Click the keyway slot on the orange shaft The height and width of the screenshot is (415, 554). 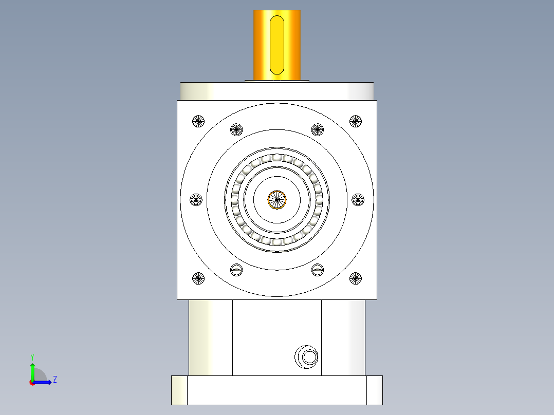coord(277,44)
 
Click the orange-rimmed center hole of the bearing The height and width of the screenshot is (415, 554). coord(276,200)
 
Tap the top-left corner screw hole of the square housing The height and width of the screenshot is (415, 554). coord(198,121)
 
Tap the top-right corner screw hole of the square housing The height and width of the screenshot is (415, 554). coord(356,121)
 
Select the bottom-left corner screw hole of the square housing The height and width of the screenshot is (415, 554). coord(198,278)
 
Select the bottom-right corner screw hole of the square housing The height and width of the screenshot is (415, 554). coord(356,278)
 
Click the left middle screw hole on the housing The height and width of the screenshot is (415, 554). coord(196,200)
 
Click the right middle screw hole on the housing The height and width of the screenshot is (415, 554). coord(358,200)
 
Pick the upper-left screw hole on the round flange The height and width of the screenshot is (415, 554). coord(236,130)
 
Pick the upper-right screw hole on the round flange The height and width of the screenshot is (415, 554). coord(318,130)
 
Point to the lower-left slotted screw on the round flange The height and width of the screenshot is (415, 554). coord(236,269)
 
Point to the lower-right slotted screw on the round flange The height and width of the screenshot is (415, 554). coord(318,269)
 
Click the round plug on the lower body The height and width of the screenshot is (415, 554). coord(307,357)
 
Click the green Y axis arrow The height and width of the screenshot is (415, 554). coord(32,369)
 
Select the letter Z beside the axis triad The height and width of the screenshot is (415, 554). coord(54,380)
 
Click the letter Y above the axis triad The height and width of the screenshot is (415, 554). coord(32,356)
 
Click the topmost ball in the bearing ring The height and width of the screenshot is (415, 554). coord(277,158)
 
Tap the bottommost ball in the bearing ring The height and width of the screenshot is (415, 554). coord(277,242)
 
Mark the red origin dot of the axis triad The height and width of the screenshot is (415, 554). coord(32,382)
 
